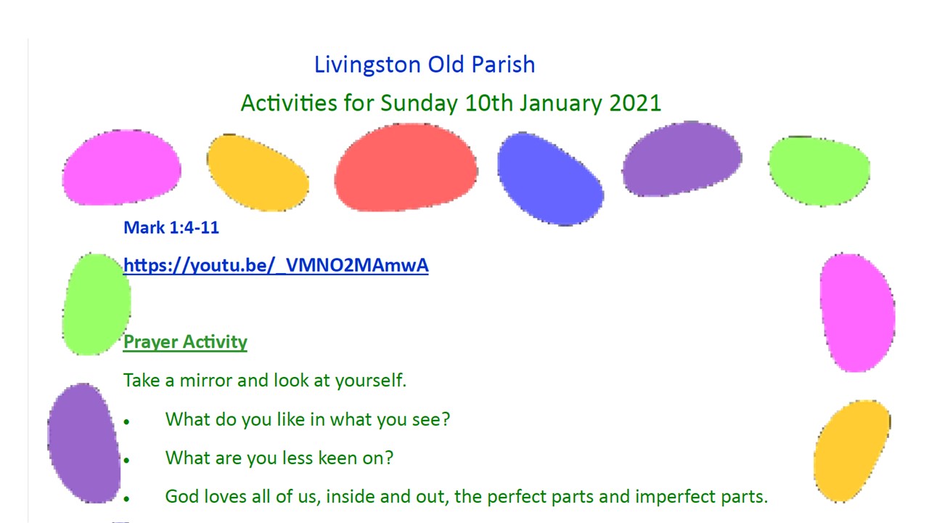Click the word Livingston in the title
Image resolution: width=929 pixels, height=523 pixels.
(367, 65)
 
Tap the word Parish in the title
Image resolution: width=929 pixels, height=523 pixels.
(504, 65)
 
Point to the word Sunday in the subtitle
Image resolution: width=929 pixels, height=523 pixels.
(419, 104)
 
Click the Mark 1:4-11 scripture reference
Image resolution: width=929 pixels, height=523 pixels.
(171, 227)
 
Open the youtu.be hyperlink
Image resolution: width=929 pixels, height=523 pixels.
(276, 265)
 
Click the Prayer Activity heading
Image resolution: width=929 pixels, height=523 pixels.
(185, 342)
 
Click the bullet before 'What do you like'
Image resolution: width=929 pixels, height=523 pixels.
(126, 422)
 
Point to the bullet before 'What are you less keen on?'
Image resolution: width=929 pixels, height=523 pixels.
(126, 461)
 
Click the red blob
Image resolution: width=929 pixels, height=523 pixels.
(406, 167)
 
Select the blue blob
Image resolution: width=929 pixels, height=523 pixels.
(550, 179)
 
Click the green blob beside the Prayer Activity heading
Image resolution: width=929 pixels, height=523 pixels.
(97, 304)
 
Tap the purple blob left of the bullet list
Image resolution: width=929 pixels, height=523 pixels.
(84, 443)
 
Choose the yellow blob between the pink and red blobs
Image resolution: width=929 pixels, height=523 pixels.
(258, 173)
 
